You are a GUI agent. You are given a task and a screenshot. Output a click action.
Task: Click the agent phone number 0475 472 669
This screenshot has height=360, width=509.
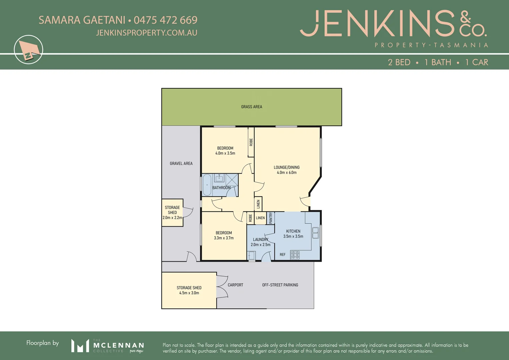click(165, 20)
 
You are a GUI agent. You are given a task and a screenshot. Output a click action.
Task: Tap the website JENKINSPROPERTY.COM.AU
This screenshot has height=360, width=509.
click(146, 33)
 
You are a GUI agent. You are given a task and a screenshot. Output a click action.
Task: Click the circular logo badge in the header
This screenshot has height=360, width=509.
click(29, 50)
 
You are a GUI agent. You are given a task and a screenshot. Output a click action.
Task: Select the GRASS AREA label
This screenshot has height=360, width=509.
click(252, 107)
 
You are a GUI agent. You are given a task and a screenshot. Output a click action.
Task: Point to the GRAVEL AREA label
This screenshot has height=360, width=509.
click(181, 163)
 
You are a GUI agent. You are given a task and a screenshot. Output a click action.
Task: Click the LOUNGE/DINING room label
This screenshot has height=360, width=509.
click(287, 167)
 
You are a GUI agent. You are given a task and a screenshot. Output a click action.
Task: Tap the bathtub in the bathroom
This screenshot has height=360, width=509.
click(207, 185)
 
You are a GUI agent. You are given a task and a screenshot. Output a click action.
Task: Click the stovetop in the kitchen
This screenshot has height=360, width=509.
click(295, 255)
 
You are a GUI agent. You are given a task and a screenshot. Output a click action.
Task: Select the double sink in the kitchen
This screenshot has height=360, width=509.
click(315, 233)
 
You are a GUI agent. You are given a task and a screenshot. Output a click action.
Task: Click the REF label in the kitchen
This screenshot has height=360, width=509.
click(283, 255)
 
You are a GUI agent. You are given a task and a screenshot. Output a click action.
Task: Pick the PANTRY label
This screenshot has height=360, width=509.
click(271, 218)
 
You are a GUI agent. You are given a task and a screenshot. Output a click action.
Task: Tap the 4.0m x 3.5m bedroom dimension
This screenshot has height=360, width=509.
click(225, 153)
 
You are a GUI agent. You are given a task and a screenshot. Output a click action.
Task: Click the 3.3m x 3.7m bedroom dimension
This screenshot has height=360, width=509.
click(224, 238)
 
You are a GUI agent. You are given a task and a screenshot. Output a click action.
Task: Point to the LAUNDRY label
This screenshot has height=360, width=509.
click(260, 239)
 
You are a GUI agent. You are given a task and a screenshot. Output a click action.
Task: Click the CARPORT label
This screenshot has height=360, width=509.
click(235, 285)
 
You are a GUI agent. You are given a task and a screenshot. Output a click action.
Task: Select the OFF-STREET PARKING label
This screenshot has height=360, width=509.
click(280, 285)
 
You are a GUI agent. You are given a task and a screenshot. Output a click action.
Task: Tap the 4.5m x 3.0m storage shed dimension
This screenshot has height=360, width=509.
click(189, 293)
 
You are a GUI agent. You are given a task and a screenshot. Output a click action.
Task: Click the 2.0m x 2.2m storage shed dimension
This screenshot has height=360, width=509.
click(172, 218)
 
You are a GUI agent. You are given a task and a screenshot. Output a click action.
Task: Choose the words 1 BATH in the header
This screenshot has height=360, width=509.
click(438, 62)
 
